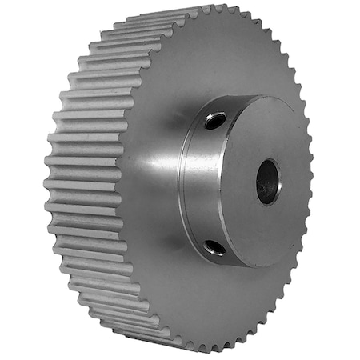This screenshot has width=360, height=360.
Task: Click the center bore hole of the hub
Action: pyautogui.click(x=268, y=181)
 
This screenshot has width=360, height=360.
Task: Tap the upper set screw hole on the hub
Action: pyautogui.click(x=214, y=121)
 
